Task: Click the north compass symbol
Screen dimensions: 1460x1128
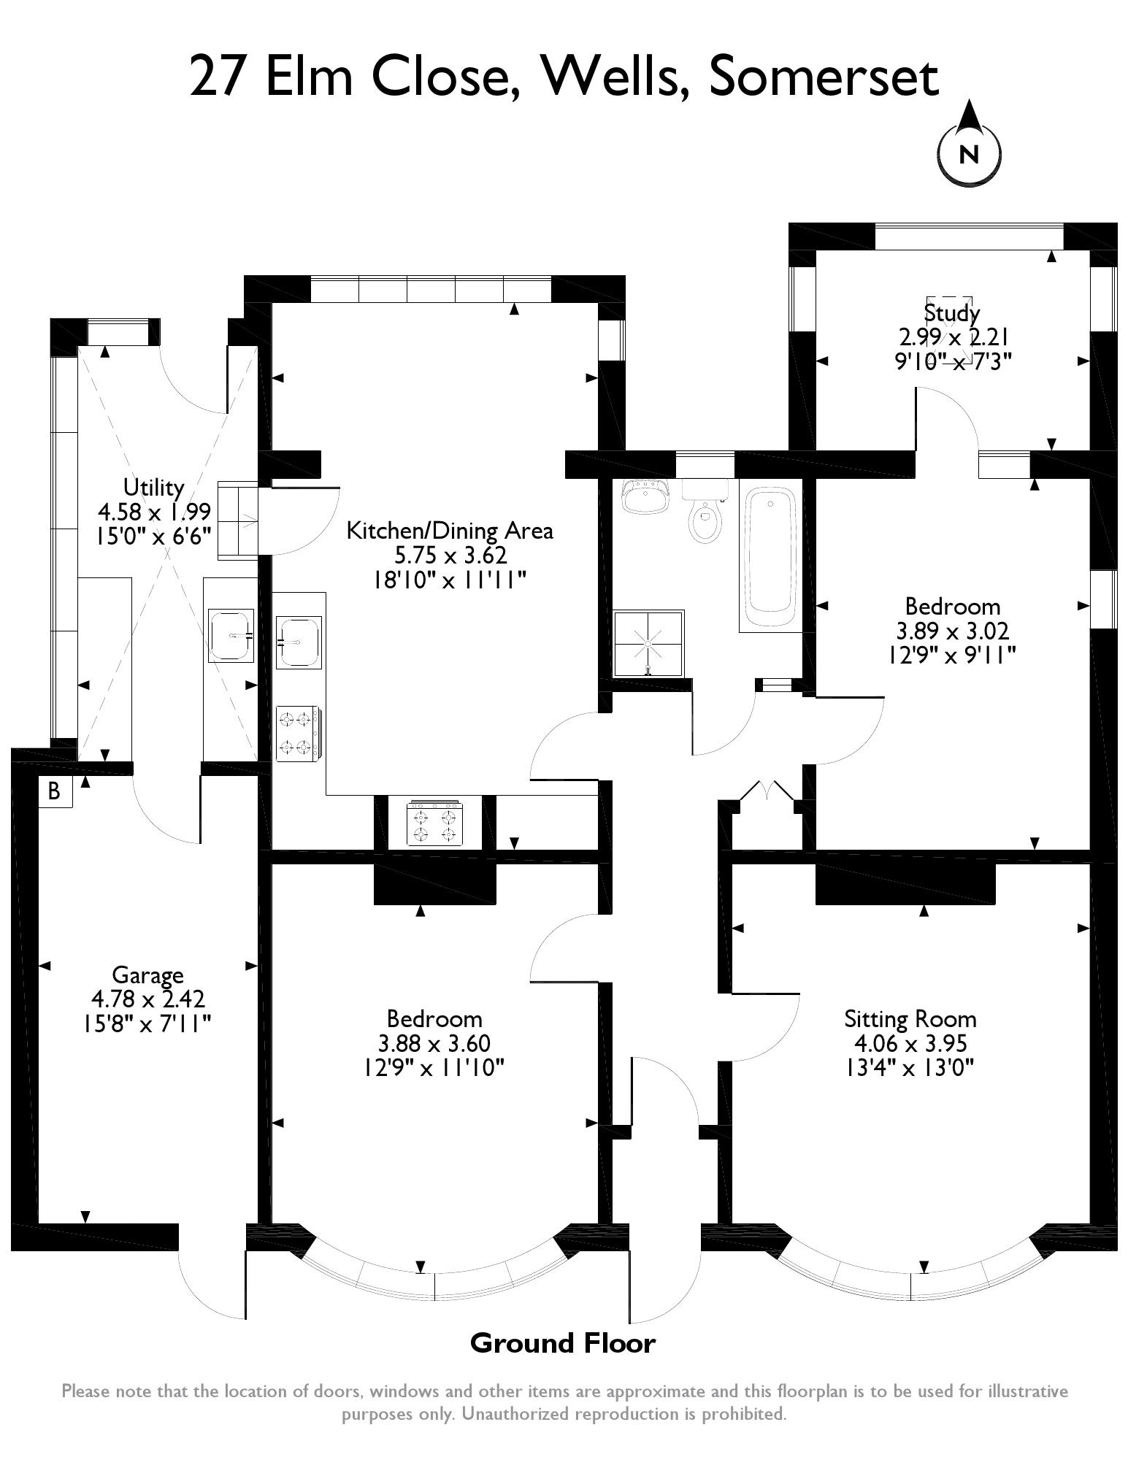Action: (968, 152)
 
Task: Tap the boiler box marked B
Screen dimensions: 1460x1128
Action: (54, 791)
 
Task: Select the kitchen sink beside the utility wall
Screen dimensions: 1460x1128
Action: (298, 642)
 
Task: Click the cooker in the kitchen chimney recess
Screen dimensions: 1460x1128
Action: (435, 823)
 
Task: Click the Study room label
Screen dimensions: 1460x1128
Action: (951, 313)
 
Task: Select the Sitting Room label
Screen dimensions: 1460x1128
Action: (910, 1018)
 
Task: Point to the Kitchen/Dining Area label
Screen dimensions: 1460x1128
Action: (449, 531)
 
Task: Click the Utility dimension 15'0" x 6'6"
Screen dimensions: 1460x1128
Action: (153, 536)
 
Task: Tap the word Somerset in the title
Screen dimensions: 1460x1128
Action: (823, 77)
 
